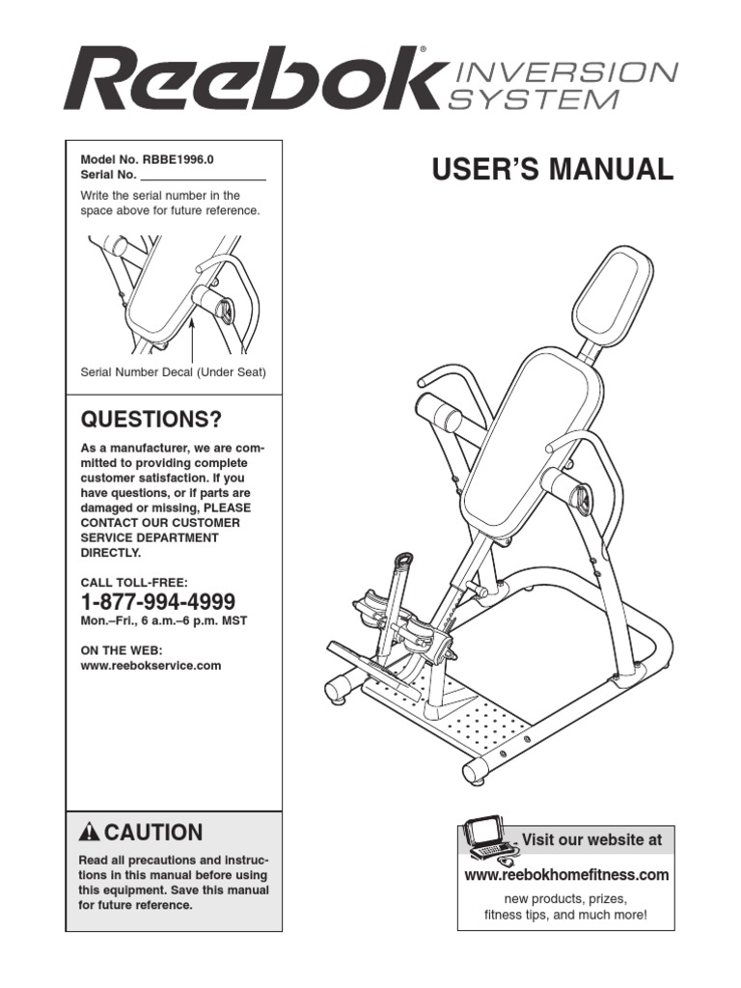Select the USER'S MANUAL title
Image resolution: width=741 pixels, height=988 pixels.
(x=552, y=170)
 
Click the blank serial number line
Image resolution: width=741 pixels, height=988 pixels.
(x=203, y=177)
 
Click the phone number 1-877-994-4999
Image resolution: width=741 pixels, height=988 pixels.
(x=157, y=602)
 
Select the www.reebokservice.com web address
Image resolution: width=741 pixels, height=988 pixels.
(x=151, y=666)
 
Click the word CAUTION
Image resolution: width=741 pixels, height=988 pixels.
(x=153, y=833)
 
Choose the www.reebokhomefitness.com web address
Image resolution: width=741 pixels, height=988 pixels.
(x=566, y=875)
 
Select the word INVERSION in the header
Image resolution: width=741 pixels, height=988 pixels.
(x=563, y=72)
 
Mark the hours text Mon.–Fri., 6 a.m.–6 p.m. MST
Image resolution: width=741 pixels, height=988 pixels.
(x=163, y=621)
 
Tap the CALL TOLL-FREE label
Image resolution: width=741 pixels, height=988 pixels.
(x=133, y=582)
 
